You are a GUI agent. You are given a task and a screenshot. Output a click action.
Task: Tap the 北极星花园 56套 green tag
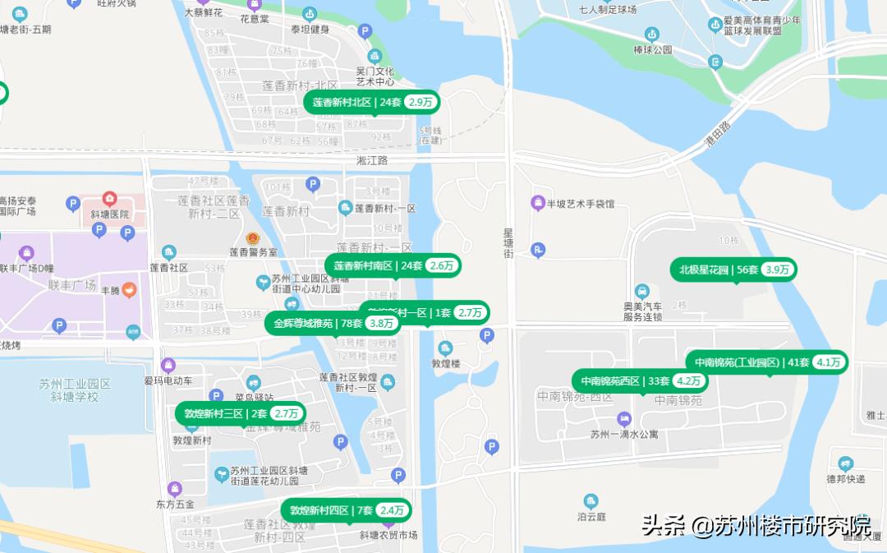click(x=733, y=270)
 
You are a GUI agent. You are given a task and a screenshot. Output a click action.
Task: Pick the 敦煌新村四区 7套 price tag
click(x=345, y=510)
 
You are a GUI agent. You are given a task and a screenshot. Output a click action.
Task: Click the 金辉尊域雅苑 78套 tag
click(x=332, y=323)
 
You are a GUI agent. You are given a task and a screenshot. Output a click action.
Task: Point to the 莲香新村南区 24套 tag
click(x=393, y=265)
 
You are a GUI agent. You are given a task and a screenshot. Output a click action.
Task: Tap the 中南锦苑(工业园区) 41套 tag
click(x=766, y=362)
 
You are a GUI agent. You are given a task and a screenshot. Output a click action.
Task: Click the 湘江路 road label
click(x=372, y=161)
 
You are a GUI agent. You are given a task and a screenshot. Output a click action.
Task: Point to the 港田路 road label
click(x=716, y=132)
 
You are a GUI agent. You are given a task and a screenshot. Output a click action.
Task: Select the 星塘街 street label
click(x=508, y=244)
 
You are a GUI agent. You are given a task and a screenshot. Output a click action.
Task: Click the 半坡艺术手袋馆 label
click(x=581, y=204)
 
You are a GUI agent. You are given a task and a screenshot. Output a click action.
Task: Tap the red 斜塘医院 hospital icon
click(x=109, y=199)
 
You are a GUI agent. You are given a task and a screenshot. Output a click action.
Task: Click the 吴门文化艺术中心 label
click(x=375, y=76)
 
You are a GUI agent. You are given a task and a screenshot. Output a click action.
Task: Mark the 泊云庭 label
click(x=591, y=517)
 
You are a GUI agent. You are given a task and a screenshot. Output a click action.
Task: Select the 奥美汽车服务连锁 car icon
click(x=642, y=291)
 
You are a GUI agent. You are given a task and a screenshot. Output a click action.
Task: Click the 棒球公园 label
click(x=653, y=49)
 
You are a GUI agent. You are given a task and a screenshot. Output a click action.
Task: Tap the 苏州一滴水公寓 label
click(x=624, y=435)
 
